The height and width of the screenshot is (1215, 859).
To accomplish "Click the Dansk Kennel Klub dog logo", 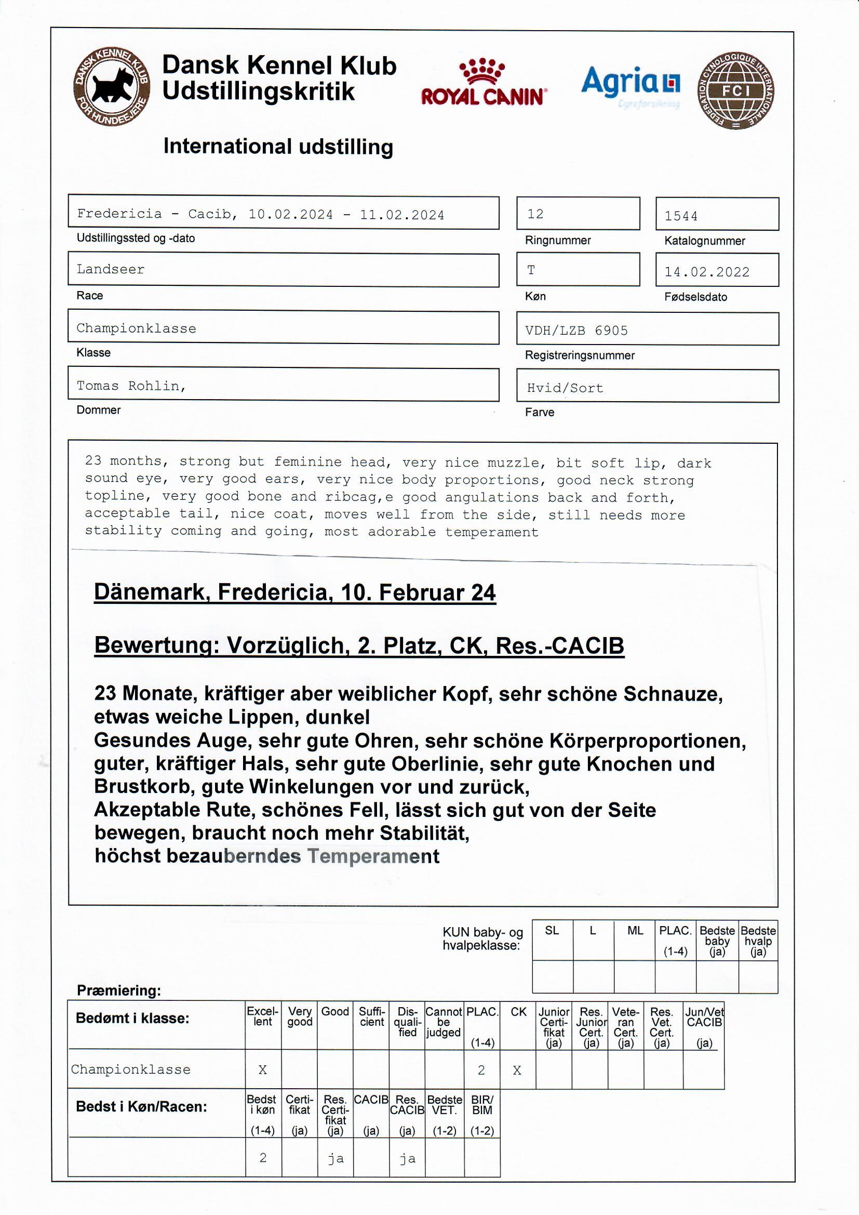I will click(112, 87).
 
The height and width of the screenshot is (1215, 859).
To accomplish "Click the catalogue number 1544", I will click(681, 216).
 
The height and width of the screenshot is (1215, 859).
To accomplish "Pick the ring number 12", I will click(535, 214).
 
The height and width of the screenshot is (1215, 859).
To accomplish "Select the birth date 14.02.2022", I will click(707, 272).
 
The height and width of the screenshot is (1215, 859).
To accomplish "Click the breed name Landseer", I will click(111, 269).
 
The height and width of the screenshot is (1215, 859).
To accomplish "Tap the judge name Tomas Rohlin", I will click(131, 386).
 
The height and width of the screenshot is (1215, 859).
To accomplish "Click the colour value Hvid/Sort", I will click(565, 388).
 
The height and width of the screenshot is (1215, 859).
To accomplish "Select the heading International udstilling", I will click(278, 147).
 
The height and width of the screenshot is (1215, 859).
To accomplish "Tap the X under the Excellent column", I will click(262, 1070).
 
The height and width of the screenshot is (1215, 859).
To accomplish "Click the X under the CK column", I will click(517, 1071).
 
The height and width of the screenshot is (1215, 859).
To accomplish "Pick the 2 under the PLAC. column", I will click(481, 1070).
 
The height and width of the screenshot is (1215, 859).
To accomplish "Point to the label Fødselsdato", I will click(695, 297).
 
